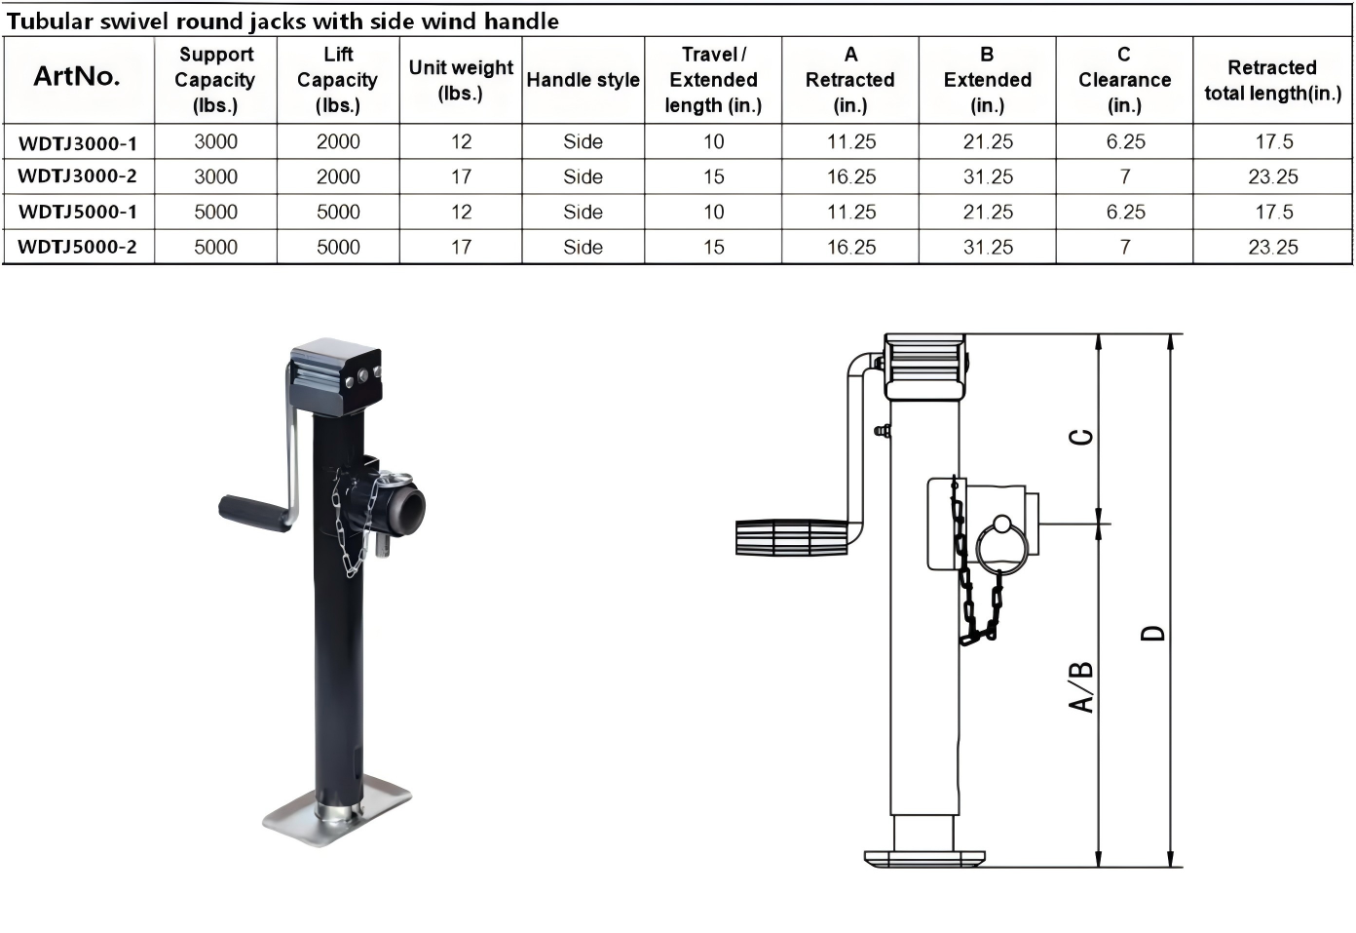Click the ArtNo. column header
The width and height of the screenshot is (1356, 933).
click(x=77, y=76)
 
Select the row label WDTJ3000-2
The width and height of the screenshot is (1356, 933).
click(x=78, y=176)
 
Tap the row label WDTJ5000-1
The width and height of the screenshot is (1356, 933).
click(x=78, y=213)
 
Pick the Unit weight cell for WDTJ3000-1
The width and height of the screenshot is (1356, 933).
click(x=461, y=141)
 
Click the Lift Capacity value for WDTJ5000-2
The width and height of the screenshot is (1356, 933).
click(x=338, y=248)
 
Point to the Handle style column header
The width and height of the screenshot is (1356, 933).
click(x=583, y=80)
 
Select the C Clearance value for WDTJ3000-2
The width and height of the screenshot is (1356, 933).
click(x=1125, y=176)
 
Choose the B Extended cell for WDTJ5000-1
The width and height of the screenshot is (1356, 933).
click(x=988, y=213)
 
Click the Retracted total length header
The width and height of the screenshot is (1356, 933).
click(x=1272, y=80)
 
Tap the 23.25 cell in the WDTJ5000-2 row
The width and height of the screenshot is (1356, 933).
click(x=1273, y=248)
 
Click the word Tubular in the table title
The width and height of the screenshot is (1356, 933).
click(x=50, y=21)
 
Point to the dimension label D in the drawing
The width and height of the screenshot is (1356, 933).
click(x=1153, y=633)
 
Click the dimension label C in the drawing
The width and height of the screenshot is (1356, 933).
click(x=1081, y=437)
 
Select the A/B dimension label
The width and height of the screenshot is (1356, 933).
click(x=1081, y=687)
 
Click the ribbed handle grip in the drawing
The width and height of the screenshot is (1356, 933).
click(x=791, y=537)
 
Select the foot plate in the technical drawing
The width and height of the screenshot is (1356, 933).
click(x=924, y=859)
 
